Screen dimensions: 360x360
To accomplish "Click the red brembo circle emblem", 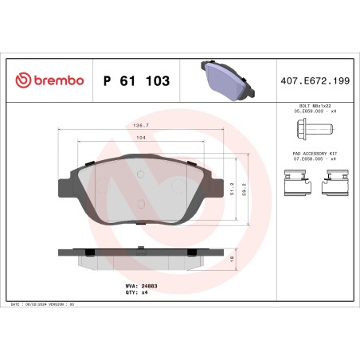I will click(x=22, y=80).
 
